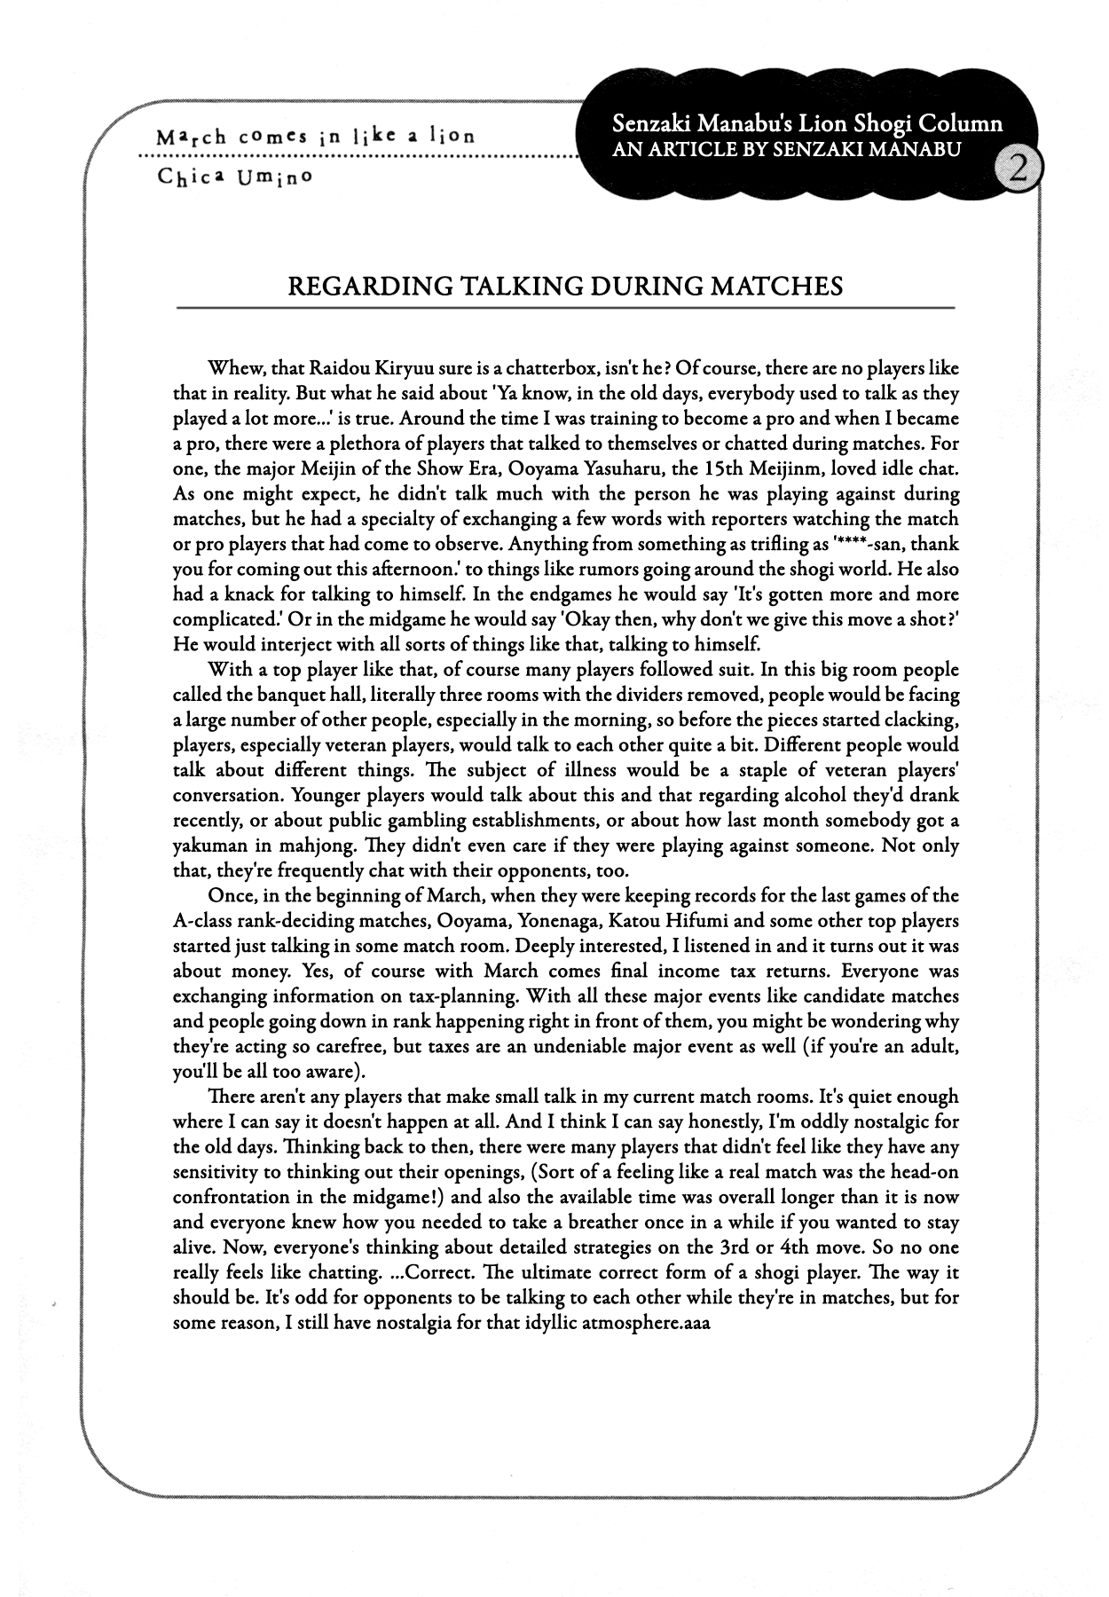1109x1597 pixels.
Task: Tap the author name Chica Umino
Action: [235, 176]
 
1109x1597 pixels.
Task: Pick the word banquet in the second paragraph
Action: [284, 695]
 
